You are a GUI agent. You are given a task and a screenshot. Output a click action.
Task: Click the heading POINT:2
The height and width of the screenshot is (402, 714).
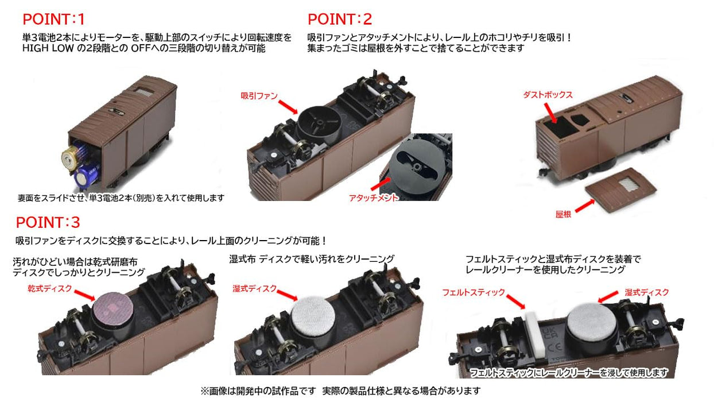pyautogui.click(x=340, y=19)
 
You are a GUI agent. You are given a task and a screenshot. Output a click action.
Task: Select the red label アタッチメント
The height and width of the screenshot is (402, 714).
pyautogui.click(x=373, y=198)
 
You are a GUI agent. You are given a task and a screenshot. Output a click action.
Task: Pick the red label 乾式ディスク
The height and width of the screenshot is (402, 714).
pyautogui.click(x=50, y=288)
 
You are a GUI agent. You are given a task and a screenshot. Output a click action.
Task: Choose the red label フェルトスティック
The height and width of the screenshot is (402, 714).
pyautogui.click(x=474, y=292)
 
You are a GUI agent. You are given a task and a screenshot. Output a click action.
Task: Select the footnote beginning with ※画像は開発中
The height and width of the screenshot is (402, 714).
pyautogui.click(x=340, y=391)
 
